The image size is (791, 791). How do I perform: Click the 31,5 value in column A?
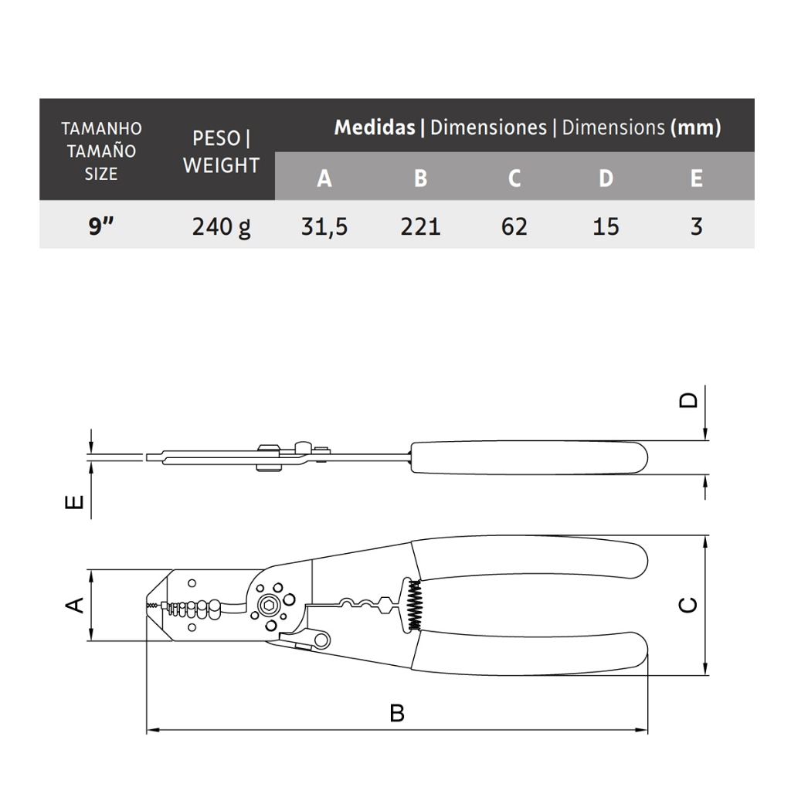click(324, 226)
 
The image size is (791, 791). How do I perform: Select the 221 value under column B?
click(421, 226)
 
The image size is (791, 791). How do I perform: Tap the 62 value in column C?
click(514, 226)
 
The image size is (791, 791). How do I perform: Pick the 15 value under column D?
click(606, 226)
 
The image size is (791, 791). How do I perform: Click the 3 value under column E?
click(696, 226)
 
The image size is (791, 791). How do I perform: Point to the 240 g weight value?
click(221, 227)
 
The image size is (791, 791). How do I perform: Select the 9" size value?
click(101, 226)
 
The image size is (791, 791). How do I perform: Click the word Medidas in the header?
click(375, 127)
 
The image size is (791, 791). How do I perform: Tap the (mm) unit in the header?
click(696, 127)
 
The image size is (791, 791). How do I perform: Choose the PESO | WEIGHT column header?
click(221, 151)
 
